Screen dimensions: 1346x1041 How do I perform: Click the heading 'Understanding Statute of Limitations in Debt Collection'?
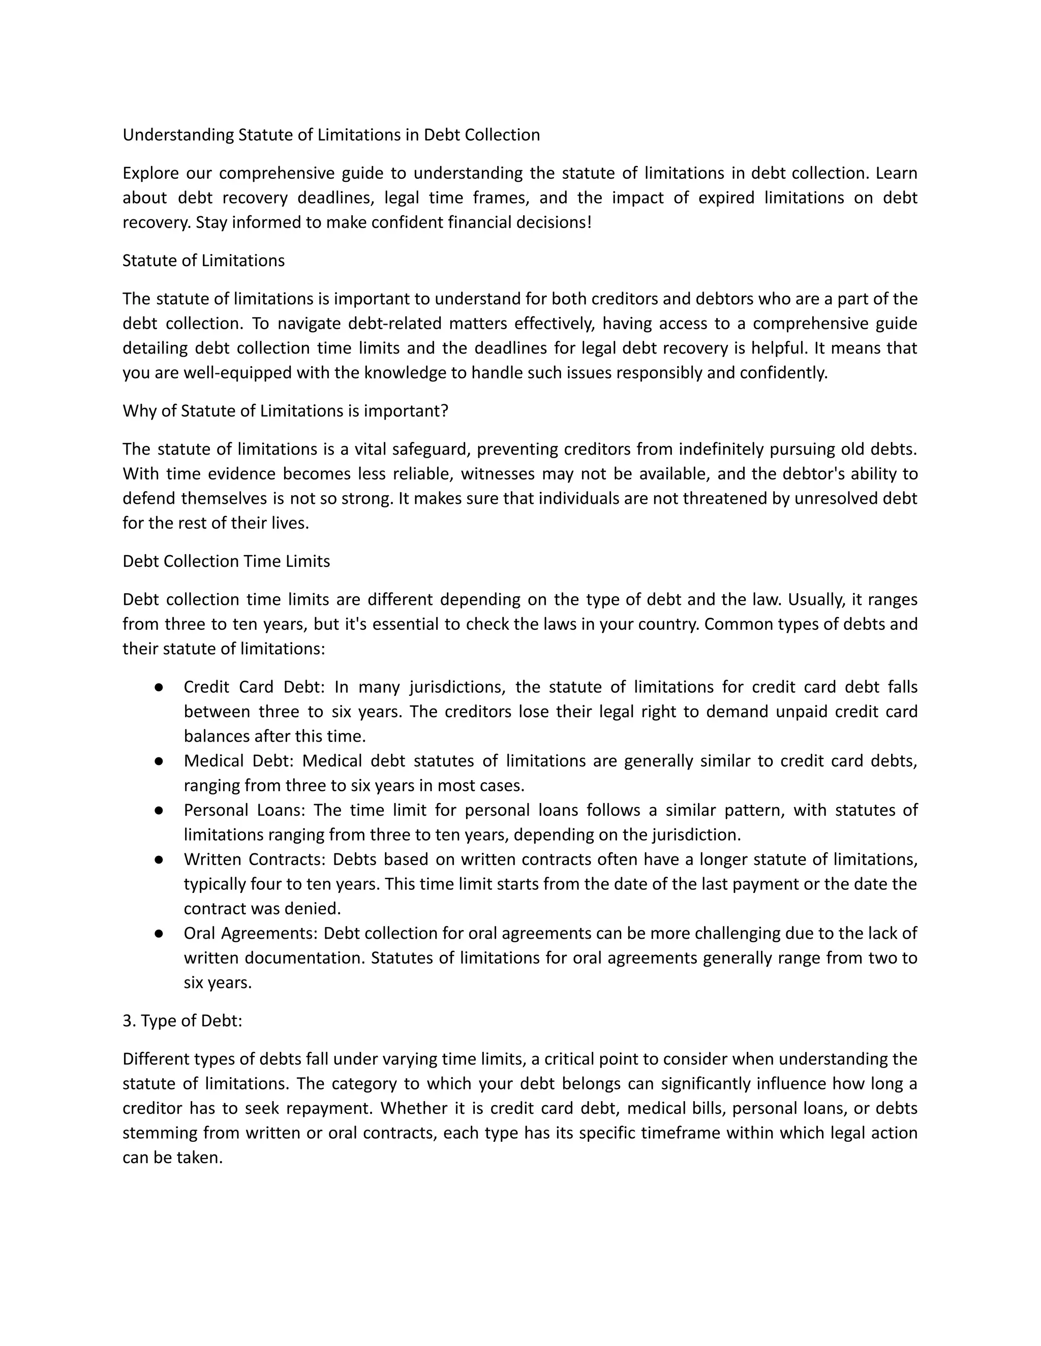click(x=331, y=135)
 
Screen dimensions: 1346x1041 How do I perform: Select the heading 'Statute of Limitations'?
click(x=203, y=261)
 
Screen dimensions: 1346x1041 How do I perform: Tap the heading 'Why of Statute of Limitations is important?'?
click(x=285, y=411)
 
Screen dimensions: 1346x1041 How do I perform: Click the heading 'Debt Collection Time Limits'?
click(x=226, y=561)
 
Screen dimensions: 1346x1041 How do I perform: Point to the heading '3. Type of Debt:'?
click(x=182, y=1021)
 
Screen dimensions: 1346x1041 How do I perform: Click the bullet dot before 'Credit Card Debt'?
click(x=159, y=687)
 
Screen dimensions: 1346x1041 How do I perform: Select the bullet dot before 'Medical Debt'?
click(x=159, y=761)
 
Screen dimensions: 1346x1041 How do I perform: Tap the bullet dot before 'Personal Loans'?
click(x=159, y=811)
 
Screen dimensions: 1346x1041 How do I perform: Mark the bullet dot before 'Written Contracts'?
click(x=159, y=860)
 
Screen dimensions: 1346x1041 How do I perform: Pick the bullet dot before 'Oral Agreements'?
click(x=159, y=934)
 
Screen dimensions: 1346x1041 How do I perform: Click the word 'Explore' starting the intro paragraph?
click(x=150, y=173)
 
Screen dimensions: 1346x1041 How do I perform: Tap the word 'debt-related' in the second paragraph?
click(x=393, y=324)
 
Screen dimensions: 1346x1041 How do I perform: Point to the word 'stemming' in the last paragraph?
click(x=160, y=1133)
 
